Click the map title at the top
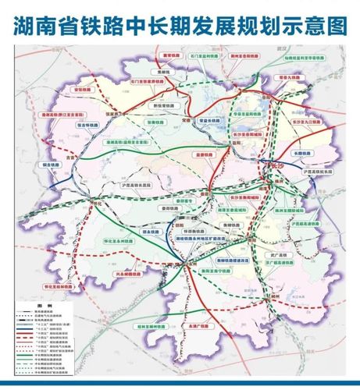(x=180, y=25)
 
